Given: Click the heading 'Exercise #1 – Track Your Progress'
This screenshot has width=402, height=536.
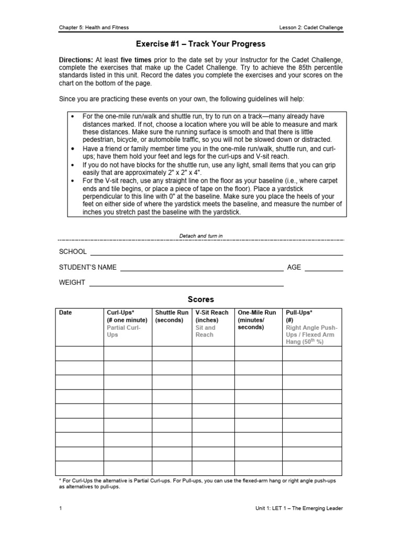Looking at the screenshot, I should point(201,44).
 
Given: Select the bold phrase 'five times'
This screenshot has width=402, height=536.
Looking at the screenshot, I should point(138,60).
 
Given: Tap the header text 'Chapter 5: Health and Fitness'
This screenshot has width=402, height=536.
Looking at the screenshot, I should point(94,28).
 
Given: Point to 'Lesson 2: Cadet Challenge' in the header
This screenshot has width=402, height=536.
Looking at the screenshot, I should point(312,28).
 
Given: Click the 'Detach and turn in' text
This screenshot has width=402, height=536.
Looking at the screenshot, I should point(201,236).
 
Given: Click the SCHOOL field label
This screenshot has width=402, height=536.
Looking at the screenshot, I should point(73,252).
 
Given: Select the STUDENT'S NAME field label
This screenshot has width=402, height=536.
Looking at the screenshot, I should point(88,267).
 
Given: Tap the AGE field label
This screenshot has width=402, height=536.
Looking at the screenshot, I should point(294,267).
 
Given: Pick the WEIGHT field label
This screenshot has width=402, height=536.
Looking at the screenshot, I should point(72,282).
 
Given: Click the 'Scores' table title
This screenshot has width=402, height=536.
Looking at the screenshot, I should point(201,299).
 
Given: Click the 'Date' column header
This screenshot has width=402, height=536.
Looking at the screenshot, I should point(65,312).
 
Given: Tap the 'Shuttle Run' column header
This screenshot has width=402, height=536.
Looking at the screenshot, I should point(172,312).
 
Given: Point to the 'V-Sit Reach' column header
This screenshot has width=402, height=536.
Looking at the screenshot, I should point(212,312).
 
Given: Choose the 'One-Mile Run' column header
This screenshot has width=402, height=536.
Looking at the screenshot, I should point(257,312).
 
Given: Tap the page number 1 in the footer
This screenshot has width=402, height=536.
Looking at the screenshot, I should point(61,508).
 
